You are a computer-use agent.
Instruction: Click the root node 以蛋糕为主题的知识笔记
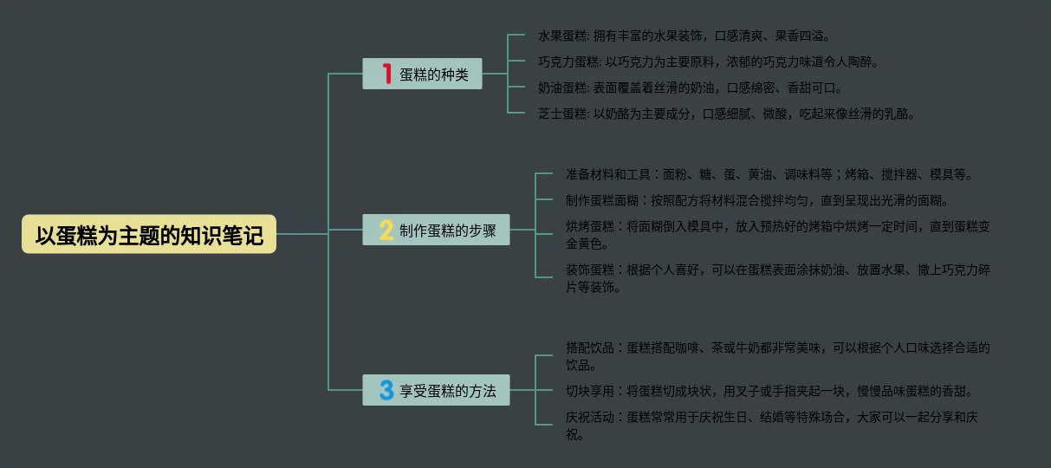[149, 234]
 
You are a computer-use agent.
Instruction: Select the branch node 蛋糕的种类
[422, 75]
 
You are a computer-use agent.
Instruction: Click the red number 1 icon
[387, 75]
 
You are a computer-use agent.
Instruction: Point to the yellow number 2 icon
[386, 231]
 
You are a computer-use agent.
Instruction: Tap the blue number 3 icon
[386, 390]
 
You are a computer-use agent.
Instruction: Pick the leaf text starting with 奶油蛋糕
[690, 88]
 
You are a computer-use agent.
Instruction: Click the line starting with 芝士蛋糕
[726, 114]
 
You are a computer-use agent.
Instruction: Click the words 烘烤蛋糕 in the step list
[590, 226]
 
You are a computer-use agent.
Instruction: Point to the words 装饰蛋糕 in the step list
[590, 270]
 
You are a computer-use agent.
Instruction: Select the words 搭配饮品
[590, 348]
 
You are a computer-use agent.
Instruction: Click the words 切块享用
[590, 391]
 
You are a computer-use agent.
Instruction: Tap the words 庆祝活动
[590, 417]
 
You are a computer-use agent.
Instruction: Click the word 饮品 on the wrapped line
[580, 365]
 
